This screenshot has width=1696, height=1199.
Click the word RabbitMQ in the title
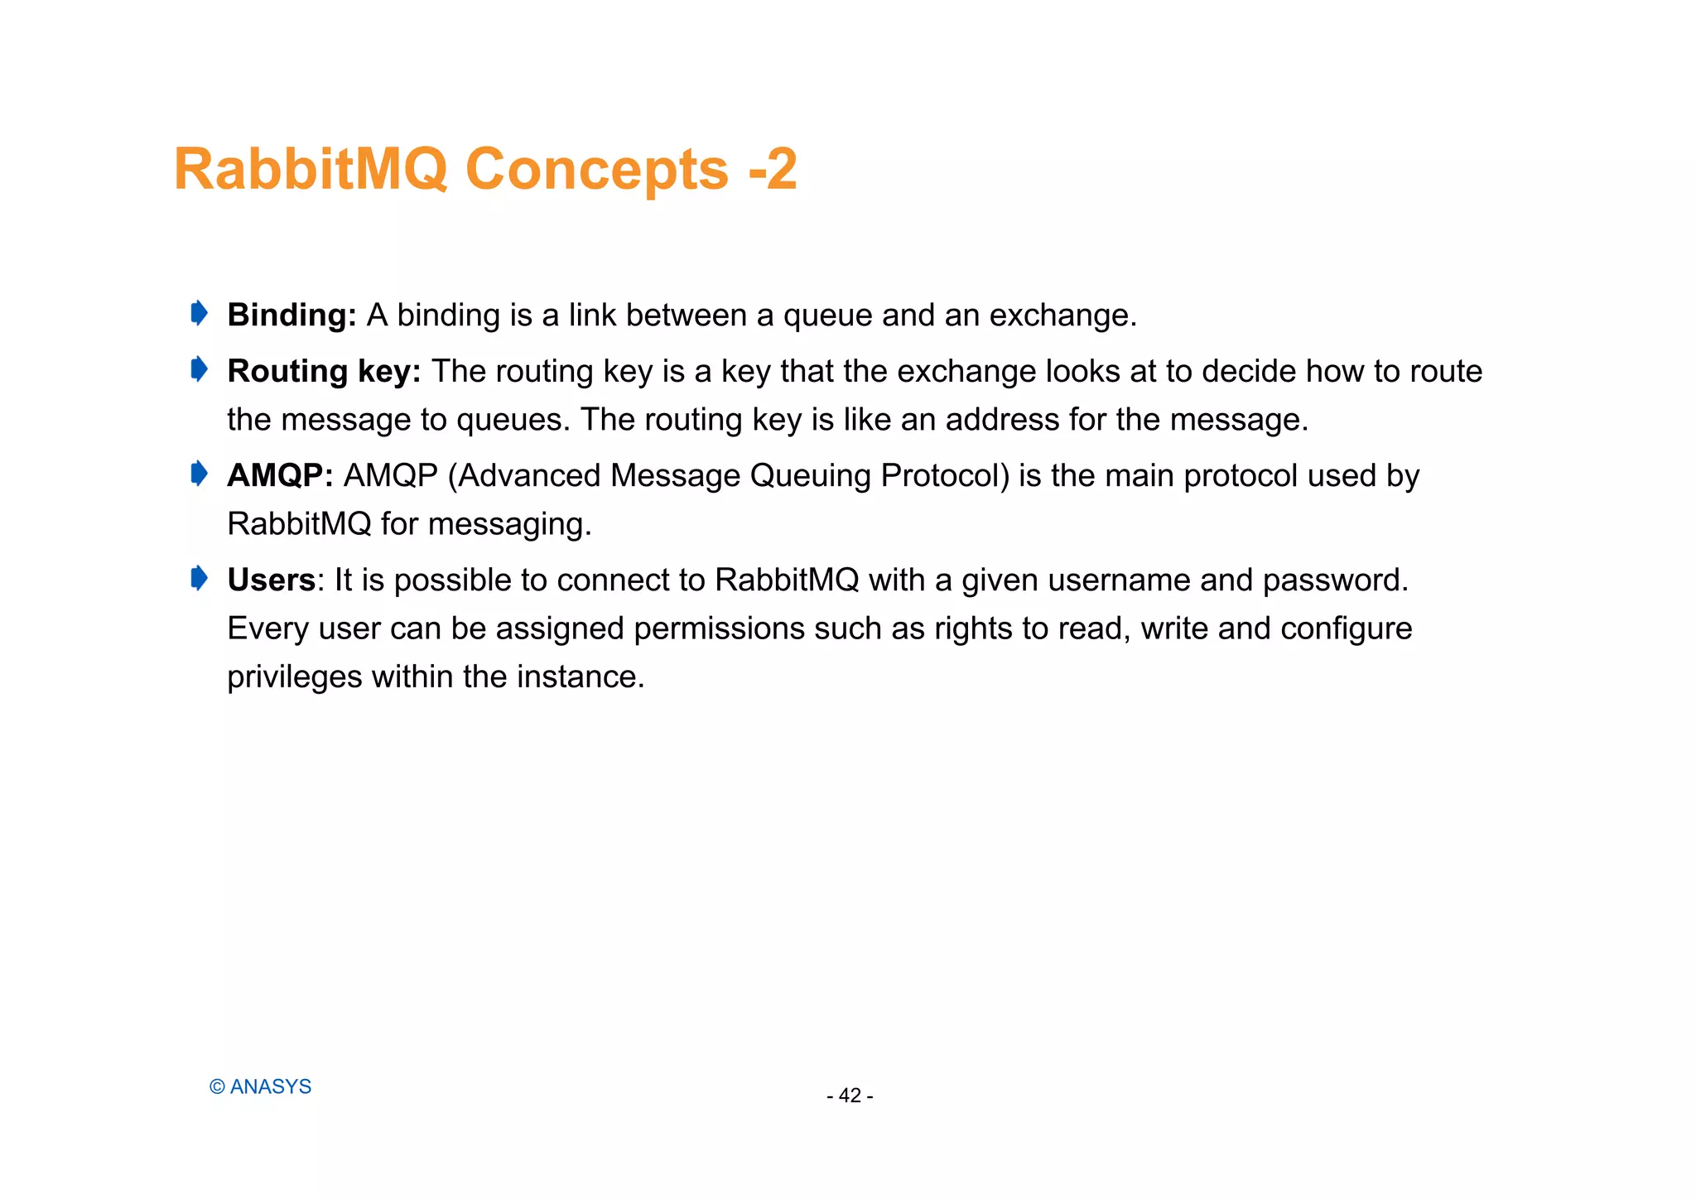coord(311,170)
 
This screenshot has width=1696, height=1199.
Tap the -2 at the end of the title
coord(772,170)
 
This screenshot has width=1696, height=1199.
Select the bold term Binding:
coord(291,315)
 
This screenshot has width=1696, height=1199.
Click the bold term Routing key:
coord(324,372)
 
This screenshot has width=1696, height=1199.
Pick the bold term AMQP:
coord(280,476)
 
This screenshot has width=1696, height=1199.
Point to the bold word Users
coord(271,580)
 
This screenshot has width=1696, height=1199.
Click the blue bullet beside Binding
coord(199,314)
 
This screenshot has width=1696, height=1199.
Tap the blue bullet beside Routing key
coord(199,369)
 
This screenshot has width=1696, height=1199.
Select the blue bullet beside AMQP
coord(199,474)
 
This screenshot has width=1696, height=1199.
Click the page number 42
coord(850,1095)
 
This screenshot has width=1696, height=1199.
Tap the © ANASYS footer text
coord(260,1086)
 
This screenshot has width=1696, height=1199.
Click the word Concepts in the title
coord(596,170)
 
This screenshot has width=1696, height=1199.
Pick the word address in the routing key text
coord(1002,420)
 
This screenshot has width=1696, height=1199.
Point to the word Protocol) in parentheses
coord(945,476)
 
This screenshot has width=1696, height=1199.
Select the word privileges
coord(294,677)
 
